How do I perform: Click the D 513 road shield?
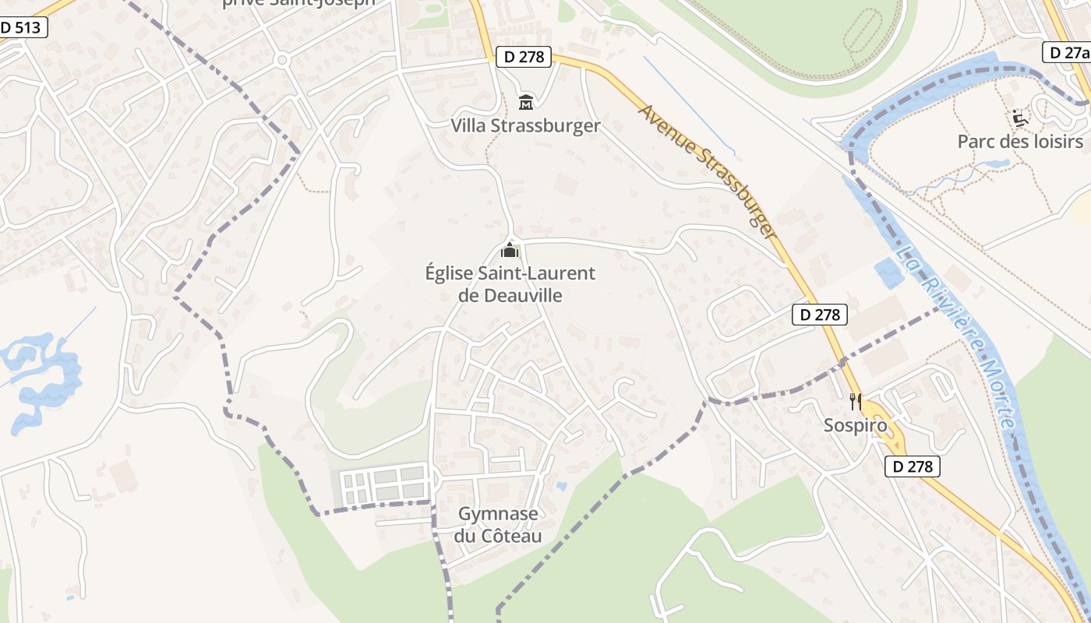click(x=23, y=28)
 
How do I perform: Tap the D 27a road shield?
click(x=1067, y=52)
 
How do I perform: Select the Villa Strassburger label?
click(x=525, y=126)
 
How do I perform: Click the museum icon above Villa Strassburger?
click(x=526, y=102)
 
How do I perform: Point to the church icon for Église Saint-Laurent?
click(x=510, y=250)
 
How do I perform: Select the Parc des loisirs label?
click(x=1020, y=142)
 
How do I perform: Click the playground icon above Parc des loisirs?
click(x=1019, y=118)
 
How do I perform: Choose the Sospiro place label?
click(x=856, y=426)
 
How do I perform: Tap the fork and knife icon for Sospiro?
click(x=856, y=402)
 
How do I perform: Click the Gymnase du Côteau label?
click(x=498, y=525)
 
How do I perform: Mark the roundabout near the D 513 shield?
click(x=282, y=59)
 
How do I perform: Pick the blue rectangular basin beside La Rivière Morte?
click(x=887, y=273)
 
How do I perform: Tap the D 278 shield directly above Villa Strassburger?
click(x=523, y=56)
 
